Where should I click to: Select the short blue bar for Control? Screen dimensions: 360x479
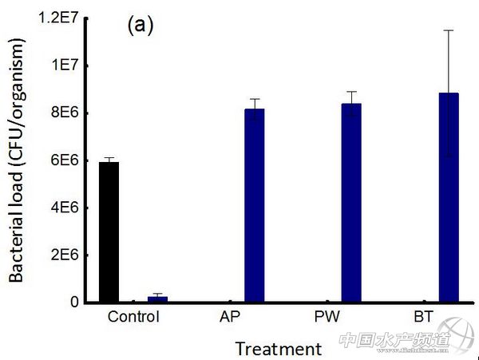[x=157, y=299]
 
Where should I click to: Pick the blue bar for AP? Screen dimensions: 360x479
[x=254, y=205]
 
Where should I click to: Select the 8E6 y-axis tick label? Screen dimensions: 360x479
[x=66, y=113]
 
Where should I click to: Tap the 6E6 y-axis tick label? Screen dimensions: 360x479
[x=66, y=160]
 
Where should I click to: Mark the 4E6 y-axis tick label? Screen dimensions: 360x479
[x=66, y=208]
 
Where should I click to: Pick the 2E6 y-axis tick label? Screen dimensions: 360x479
[x=66, y=255]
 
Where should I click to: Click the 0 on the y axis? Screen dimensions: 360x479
[x=74, y=302]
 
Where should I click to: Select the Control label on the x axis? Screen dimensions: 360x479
[x=133, y=317]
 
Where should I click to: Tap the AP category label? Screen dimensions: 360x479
[x=231, y=317]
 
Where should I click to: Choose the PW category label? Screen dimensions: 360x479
[x=327, y=317]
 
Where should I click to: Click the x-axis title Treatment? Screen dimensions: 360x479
[x=279, y=349]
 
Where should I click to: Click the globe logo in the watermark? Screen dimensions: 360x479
[x=459, y=334]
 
